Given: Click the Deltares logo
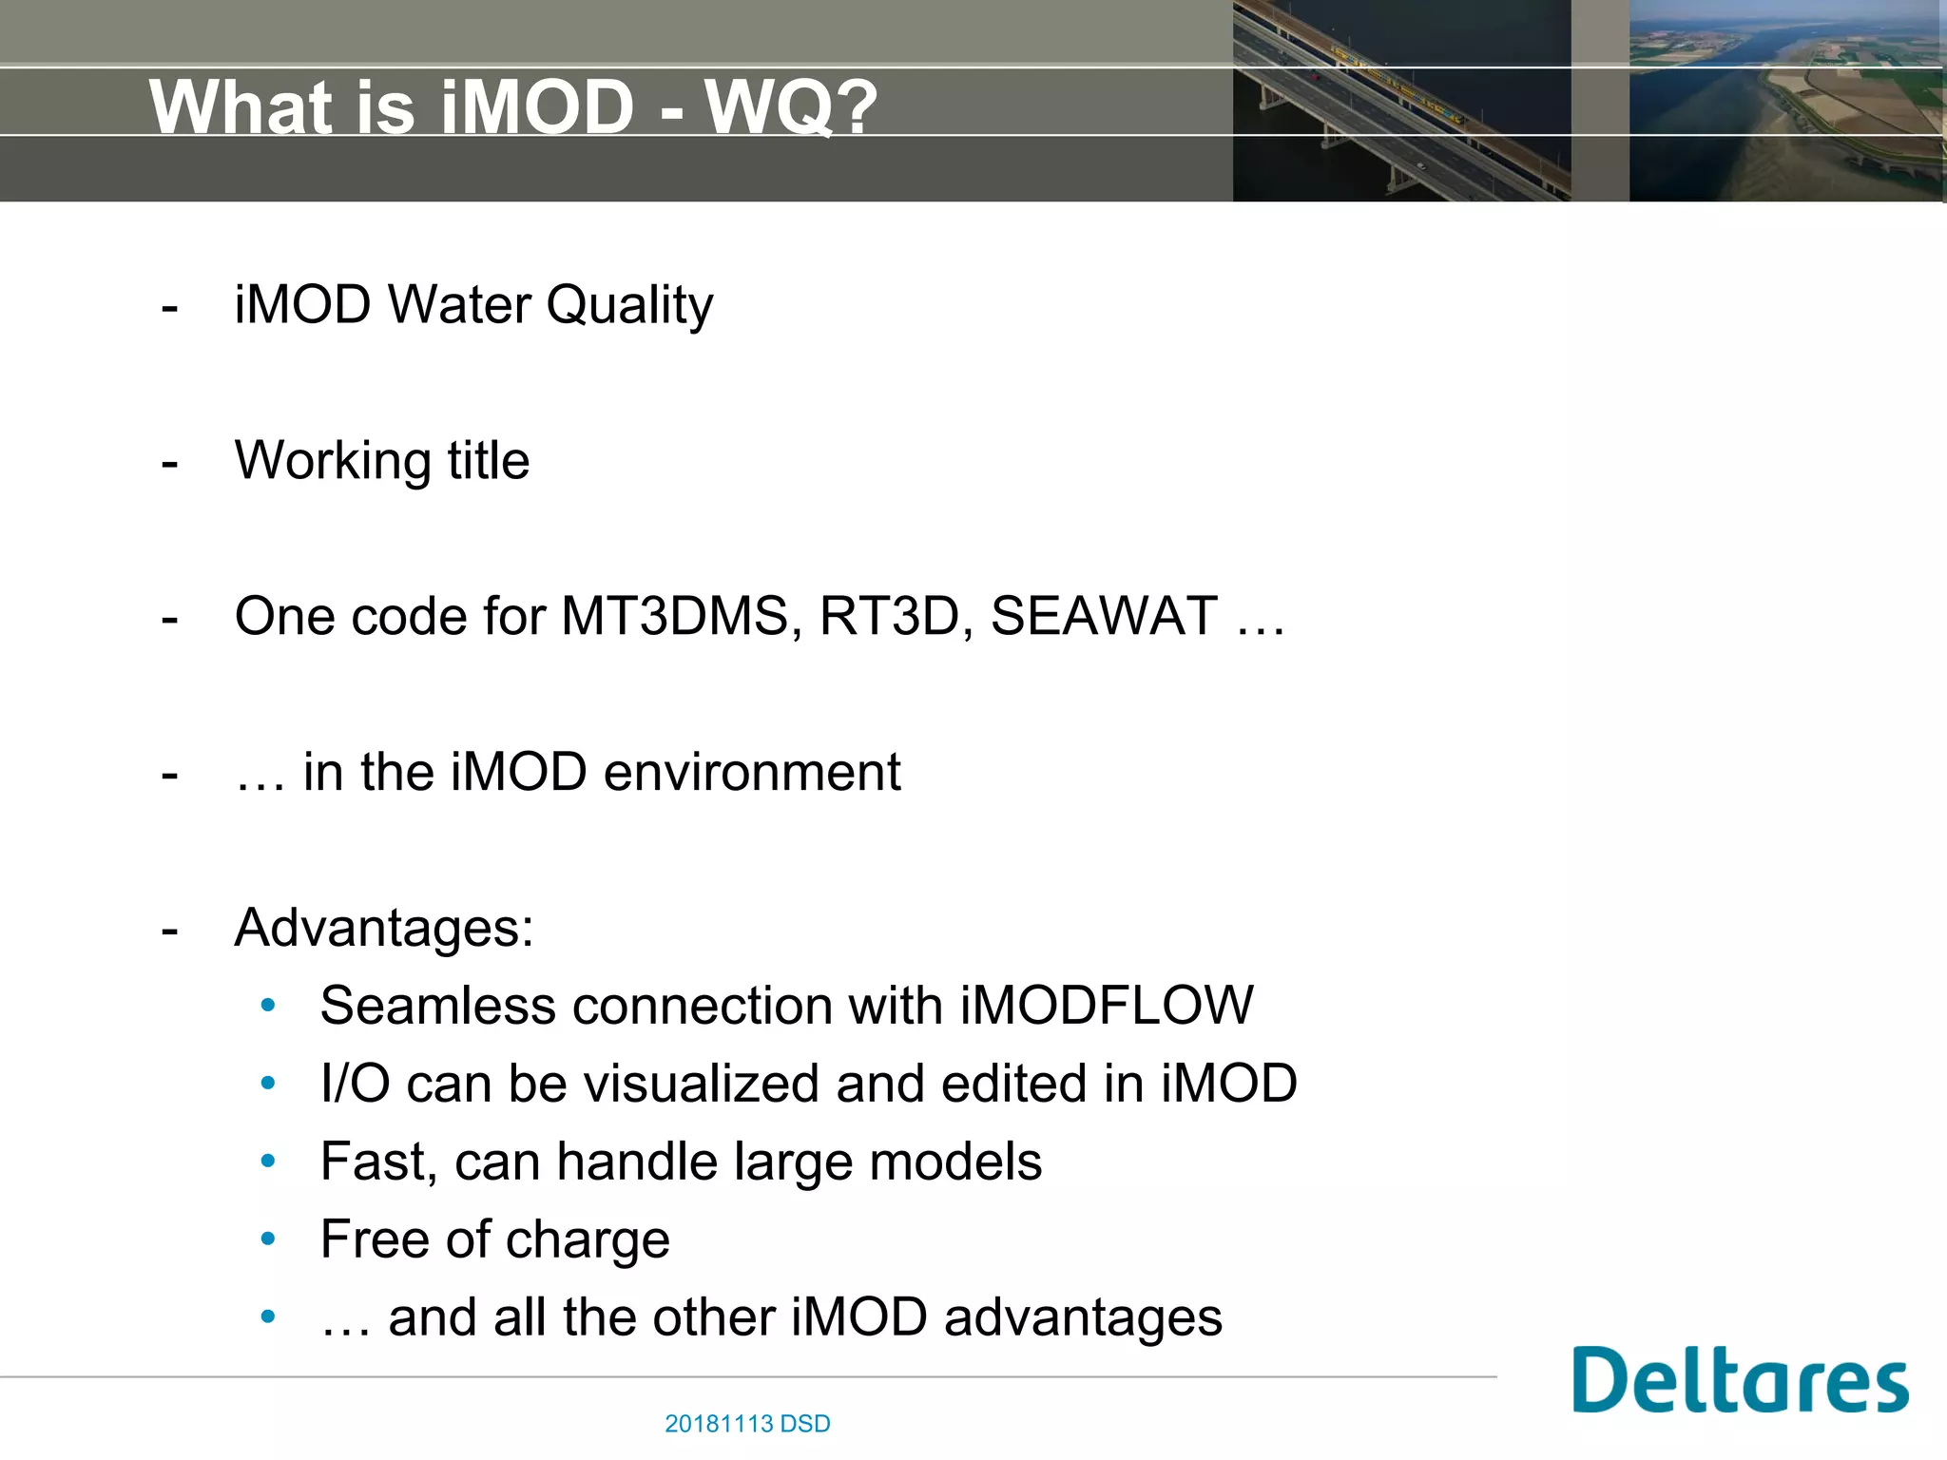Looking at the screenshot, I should click(x=1740, y=1380).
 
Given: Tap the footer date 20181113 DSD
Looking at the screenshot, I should click(x=747, y=1424).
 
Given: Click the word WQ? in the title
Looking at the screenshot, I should click(x=791, y=107).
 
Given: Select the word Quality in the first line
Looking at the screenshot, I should click(x=629, y=306).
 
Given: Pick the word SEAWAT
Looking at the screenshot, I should click(x=1104, y=616).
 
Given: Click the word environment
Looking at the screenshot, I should click(x=752, y=772).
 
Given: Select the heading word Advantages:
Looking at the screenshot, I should click(x=384, y=928).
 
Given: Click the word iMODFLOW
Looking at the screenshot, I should click(x=1107, y=1006).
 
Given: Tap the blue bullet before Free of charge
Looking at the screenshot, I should click(x=268, y=1239).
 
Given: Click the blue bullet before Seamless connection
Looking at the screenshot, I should click(x=268, y=1005).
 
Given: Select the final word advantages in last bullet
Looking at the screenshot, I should click(x=1083, y=1318).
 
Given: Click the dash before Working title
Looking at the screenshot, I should click(x=170, y=463).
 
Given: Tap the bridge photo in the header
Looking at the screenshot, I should click(x=1400, y=101).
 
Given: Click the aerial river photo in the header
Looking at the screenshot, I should click(x=1785, y=101).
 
